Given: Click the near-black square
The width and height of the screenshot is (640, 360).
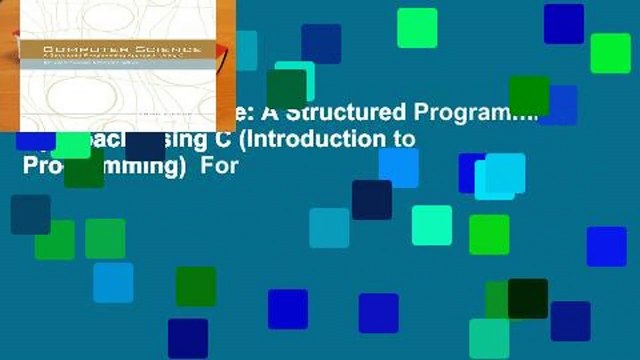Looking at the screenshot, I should tap(528, 298).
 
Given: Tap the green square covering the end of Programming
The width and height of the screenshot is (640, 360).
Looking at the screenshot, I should tap(529, 96).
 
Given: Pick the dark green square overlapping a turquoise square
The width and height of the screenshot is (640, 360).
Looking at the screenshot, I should tap(286, 89).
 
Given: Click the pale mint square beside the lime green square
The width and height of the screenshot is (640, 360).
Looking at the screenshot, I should tap(432, 225).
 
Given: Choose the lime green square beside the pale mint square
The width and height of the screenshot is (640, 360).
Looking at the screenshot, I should tap(489, 234).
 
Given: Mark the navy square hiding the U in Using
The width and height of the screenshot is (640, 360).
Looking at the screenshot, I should tap(144, 140).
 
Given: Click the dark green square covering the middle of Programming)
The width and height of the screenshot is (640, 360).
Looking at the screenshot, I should tap(84, 167).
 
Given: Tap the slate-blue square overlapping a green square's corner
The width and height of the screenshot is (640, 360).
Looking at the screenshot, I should tap(30, 214).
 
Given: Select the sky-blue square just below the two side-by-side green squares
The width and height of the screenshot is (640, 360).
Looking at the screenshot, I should tap(113, 282).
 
